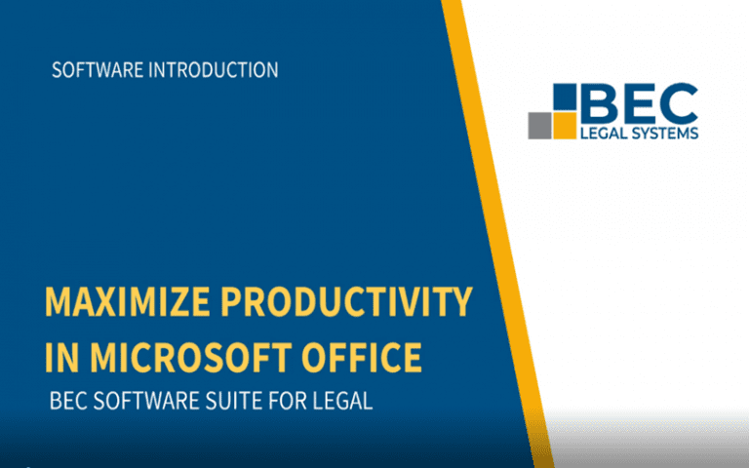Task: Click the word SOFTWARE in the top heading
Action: click(98, 70)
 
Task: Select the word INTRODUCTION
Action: click(214, 70)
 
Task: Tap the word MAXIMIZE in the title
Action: click(127, 301)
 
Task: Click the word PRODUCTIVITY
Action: click(347, 301)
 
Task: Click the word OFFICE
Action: click(362, 357)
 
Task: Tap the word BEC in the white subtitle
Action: click(69, 401)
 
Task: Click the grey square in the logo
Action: click(539, 126)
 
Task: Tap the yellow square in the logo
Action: click(565, 126)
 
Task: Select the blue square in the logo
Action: click(565, 97)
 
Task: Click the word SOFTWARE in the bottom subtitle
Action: click(146, 401)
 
